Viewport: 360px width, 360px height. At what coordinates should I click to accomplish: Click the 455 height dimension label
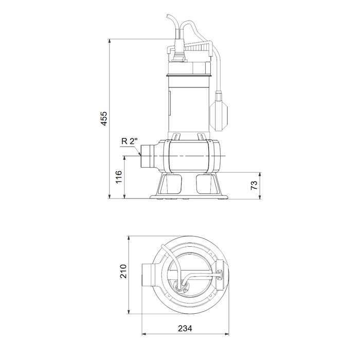[104, 118]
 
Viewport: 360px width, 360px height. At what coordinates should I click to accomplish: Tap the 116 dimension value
[119, 177]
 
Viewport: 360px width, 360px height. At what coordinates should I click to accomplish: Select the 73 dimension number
[254, 185]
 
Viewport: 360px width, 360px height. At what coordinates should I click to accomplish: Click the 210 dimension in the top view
[123, 271]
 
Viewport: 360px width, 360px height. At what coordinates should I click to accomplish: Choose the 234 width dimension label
[185, 329]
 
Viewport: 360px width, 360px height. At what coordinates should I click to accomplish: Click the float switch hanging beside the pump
[219, 112]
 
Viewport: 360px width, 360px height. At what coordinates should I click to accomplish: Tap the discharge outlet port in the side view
[148, 156]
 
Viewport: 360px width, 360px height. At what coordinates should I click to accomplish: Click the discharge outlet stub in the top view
[148, 275]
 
